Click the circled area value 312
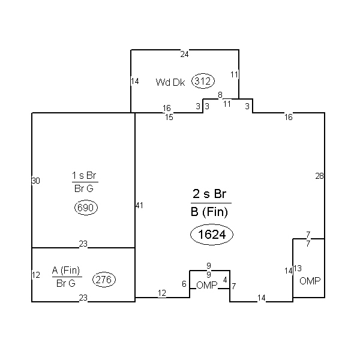[x=203, y=81]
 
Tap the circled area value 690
[x=86, y=208]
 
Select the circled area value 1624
[x=212, y=235]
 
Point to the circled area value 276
[x=104, y=280]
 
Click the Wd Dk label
[x=170, y=82]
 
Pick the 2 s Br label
[x=209, y=194]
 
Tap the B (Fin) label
[x=209, y=212]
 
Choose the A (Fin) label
[x=66, y=271]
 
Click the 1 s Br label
[x=84, y=175]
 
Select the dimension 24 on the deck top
[x=184, y=54]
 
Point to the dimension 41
[x=139, y=205]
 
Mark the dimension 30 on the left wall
[x=36, y=181]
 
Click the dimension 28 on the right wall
[x=319, y=176]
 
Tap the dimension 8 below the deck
[x=220, y=95]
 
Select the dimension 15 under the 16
[x=169, y=117]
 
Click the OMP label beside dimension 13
[x=310, y=281]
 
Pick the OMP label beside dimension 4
[x=207, y=285]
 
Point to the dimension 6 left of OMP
[x=184, y=284]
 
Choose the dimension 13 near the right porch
[x=298, y=268]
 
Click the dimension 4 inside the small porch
[x=225, y=280]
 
